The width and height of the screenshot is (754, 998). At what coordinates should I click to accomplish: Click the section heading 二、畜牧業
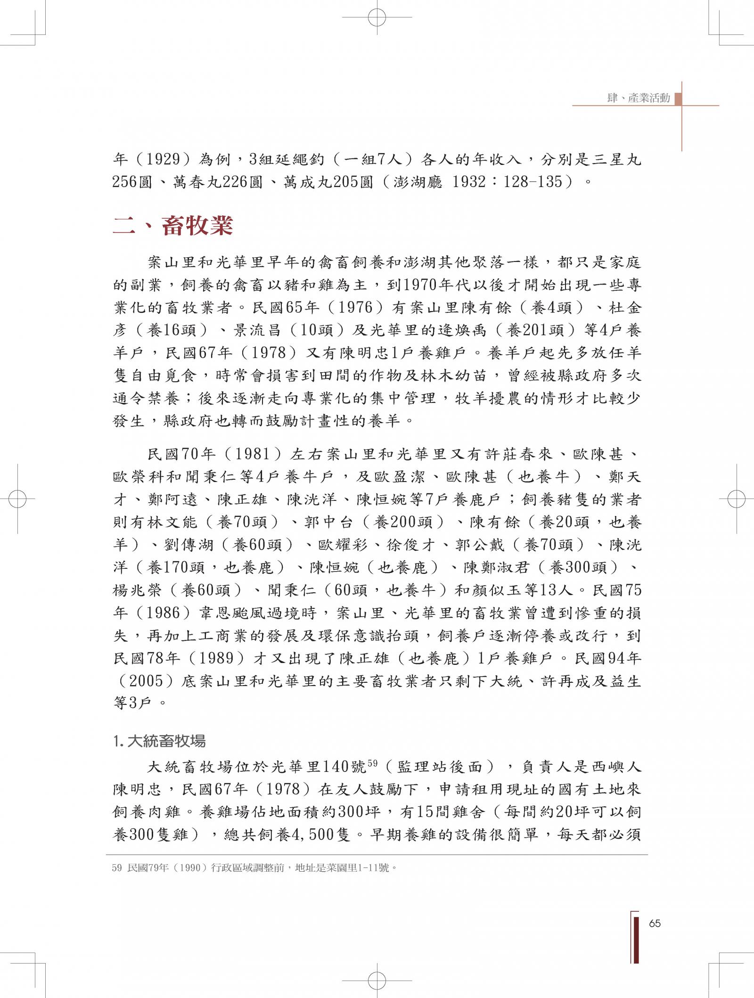click(173, 226)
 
